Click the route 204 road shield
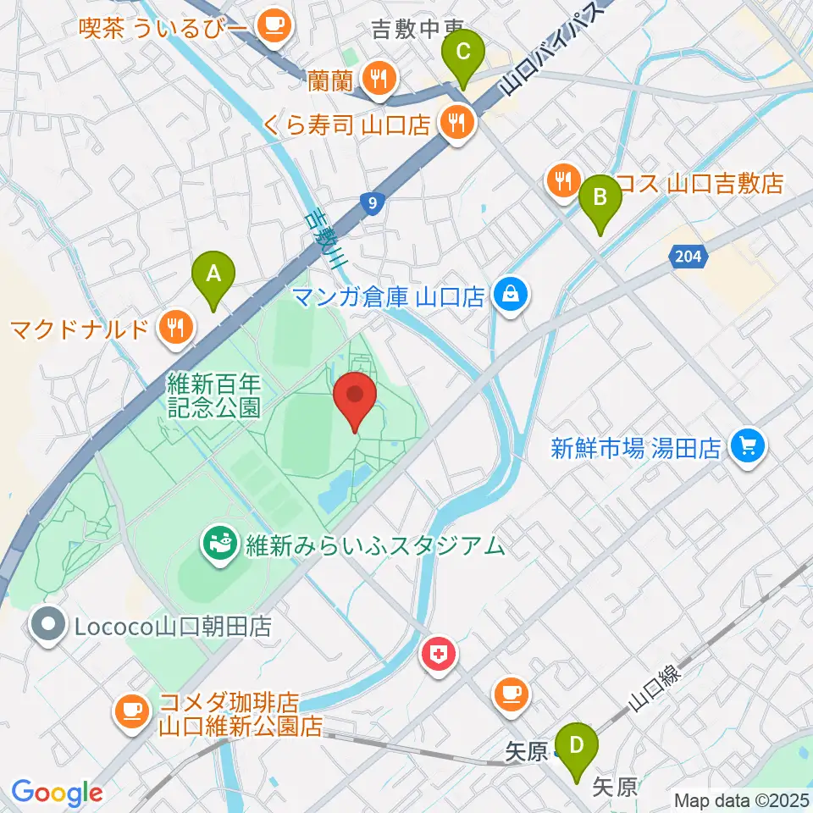689,255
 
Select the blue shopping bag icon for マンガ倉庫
512,296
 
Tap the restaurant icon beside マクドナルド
176,325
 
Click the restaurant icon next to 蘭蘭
376,80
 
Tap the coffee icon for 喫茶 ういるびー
273,25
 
